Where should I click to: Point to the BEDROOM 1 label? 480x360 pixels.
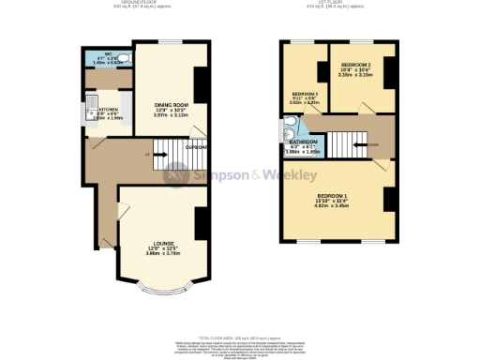click(336, 196)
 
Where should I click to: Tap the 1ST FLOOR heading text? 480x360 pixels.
click(336, 4)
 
